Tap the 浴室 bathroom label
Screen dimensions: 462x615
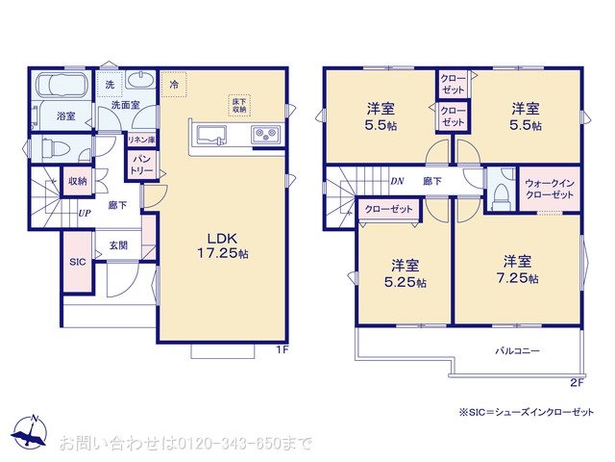(65, 117)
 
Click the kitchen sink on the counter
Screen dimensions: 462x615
(209, 135)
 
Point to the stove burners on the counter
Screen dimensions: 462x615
(264, 136)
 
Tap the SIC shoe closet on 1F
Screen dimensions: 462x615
(78, 262)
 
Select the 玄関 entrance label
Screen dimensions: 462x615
(118, 245)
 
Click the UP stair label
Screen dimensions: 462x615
(85, 214)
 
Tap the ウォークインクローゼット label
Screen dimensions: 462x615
(551, 188)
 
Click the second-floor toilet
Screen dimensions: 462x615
(499, 194)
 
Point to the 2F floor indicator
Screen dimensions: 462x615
(577, 382)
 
